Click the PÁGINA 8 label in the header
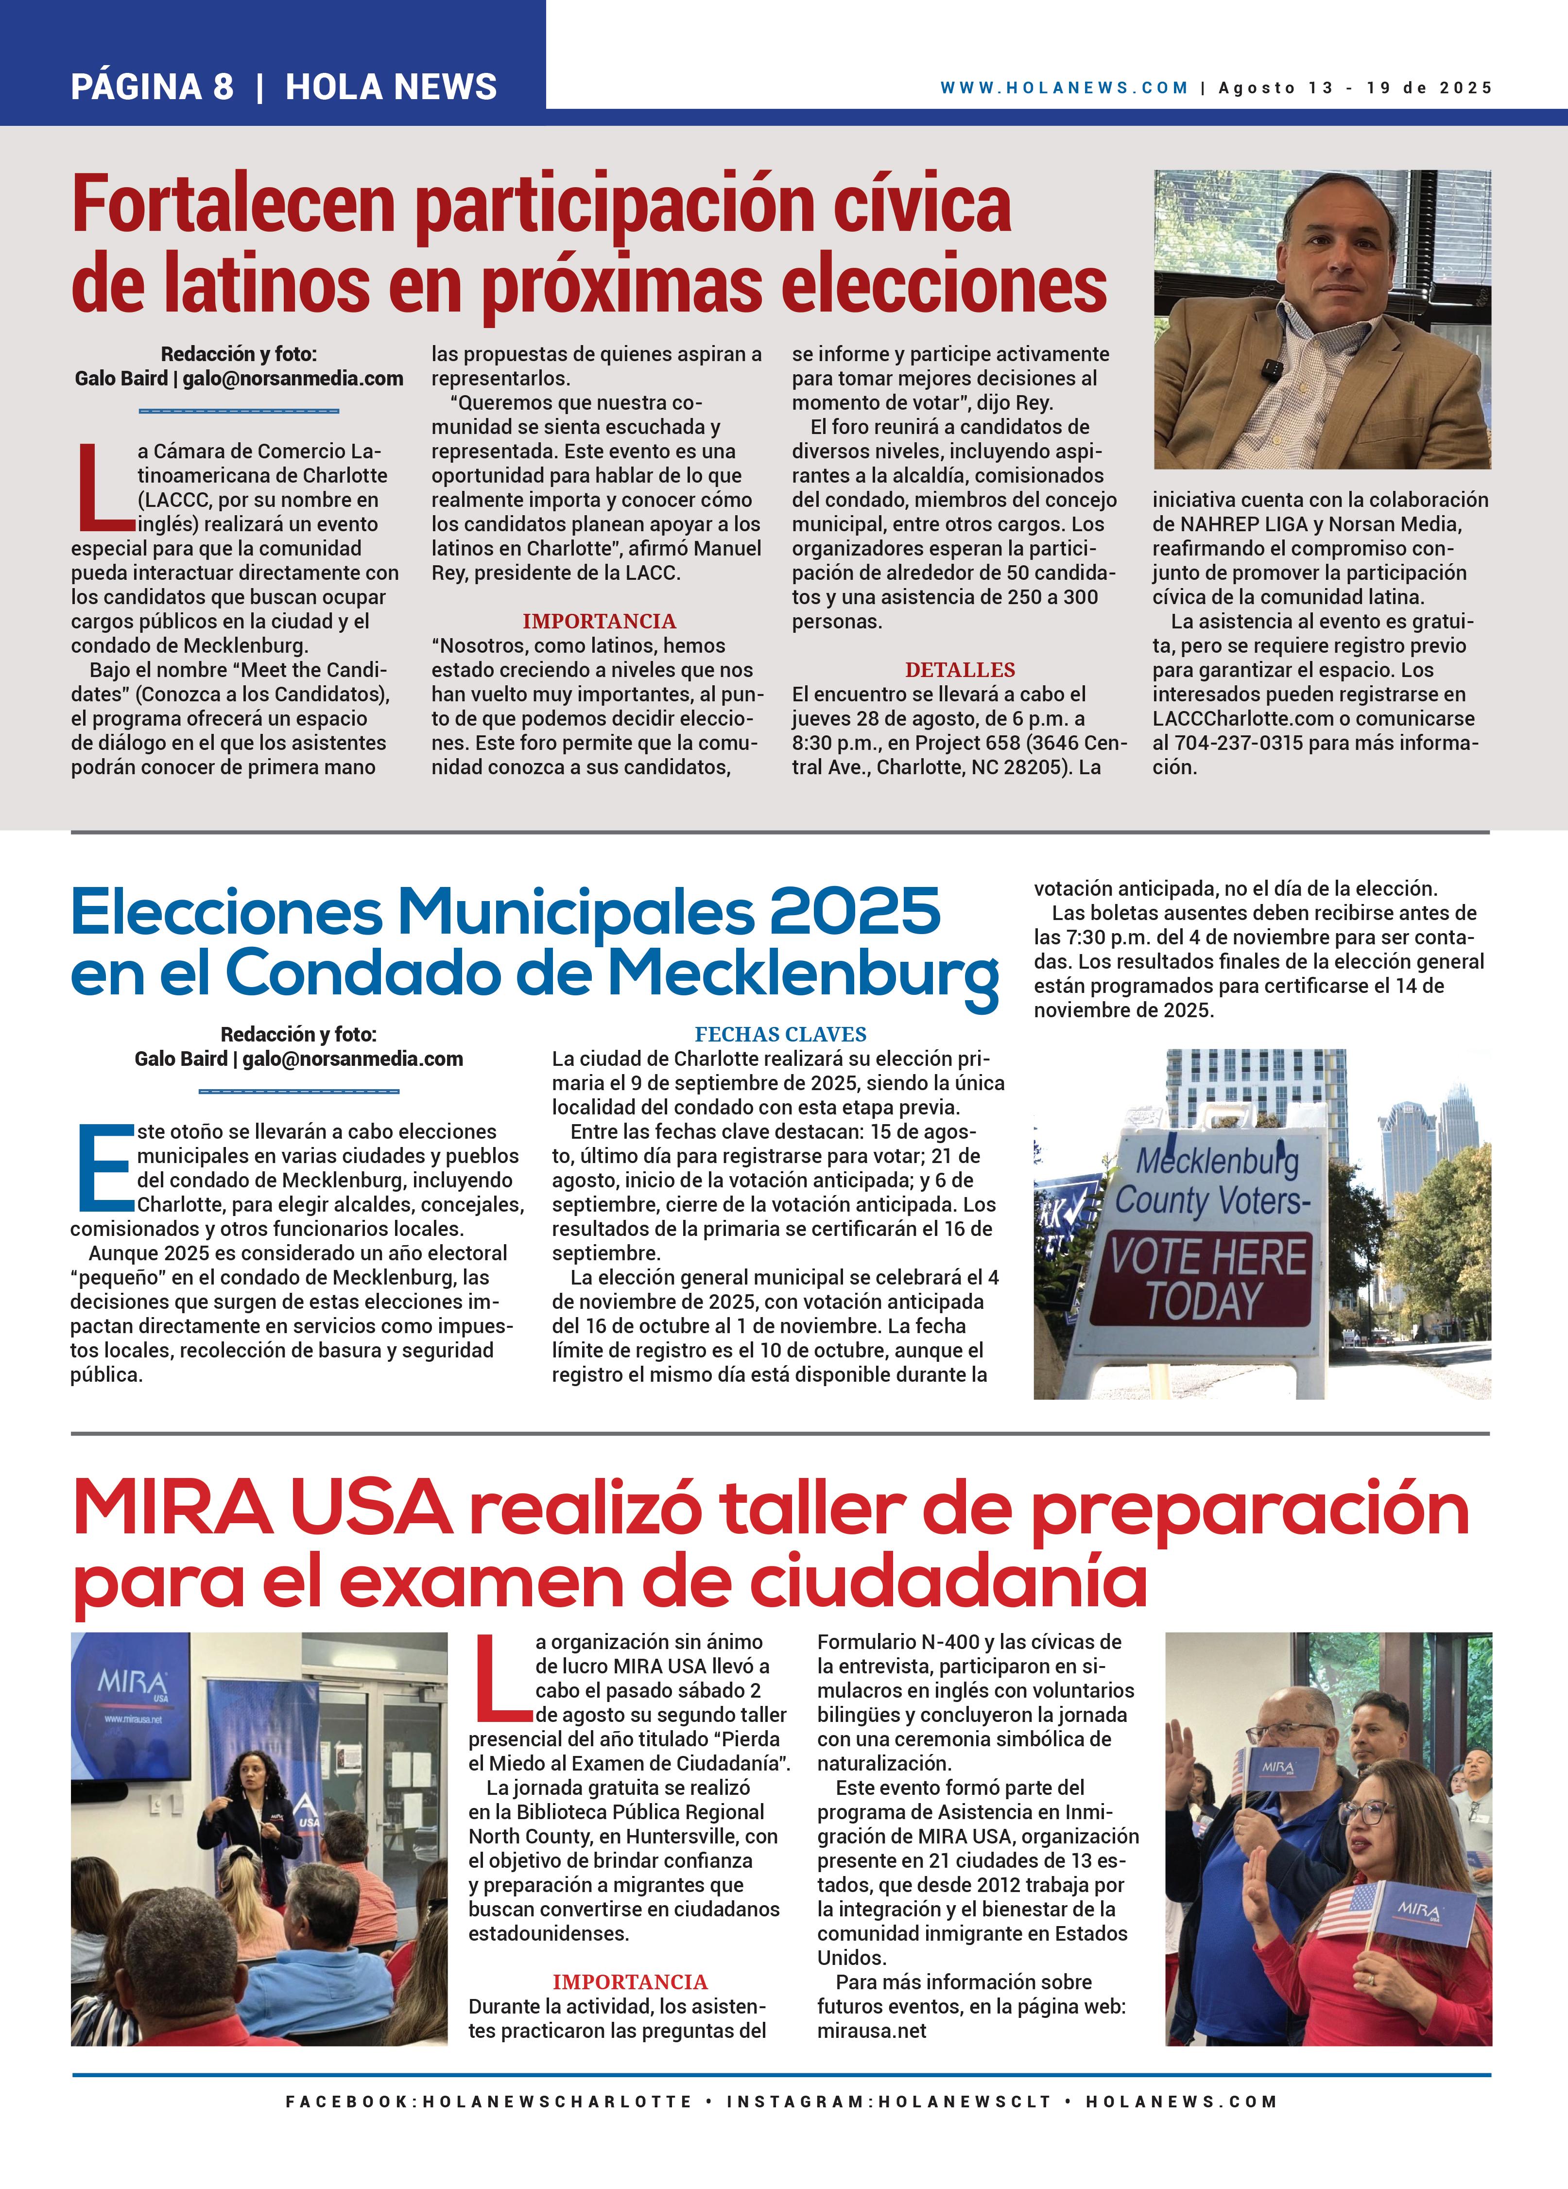click(152, 87)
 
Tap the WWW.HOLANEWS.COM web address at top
click(1063, 88)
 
